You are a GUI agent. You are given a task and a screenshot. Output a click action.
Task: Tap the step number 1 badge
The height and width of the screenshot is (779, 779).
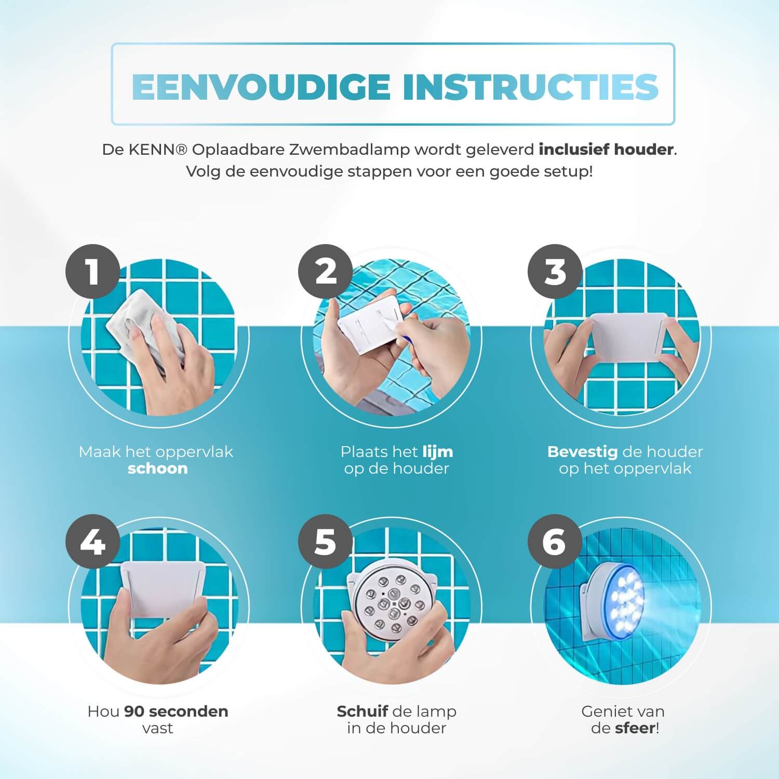93,272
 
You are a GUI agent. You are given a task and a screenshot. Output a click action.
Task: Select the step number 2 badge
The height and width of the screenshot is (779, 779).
326,272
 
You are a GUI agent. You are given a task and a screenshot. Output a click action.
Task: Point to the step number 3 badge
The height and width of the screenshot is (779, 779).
555,272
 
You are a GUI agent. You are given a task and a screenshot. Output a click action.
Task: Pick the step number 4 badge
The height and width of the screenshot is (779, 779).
93,542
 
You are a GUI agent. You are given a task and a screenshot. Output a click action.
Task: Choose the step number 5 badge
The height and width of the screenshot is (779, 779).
326,542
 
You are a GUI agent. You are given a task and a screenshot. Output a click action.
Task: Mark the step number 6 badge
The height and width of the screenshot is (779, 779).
555,542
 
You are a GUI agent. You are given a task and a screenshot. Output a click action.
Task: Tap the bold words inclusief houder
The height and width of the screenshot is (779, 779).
606,150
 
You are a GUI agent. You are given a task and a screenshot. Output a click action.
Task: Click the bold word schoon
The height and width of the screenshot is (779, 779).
157,468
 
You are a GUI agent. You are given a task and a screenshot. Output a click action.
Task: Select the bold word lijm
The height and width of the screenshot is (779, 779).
437,452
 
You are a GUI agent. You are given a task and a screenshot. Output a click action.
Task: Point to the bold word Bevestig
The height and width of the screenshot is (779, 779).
582,452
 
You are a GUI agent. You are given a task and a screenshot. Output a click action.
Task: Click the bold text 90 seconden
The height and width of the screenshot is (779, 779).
176,711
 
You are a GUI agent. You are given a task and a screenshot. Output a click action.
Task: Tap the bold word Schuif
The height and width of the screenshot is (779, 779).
362,711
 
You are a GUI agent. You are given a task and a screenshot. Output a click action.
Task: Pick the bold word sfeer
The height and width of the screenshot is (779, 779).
635,728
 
